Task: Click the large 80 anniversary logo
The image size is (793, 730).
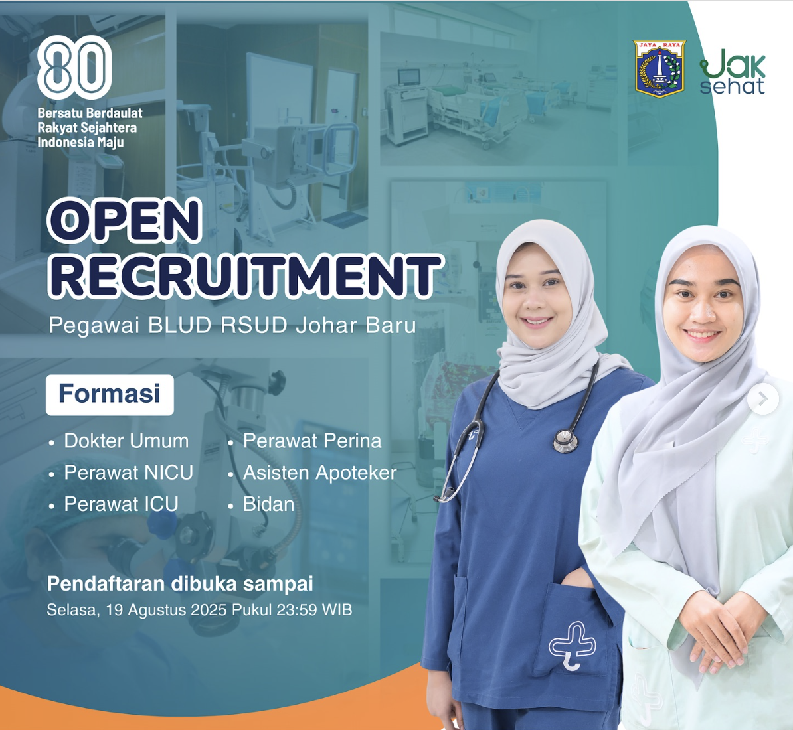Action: click(x=74, y=67)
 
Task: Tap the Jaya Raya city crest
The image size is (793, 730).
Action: click(x=660, y=69)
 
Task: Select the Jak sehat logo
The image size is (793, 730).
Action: click(x=732, y=71)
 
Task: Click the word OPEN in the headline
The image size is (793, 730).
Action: click(x=124, y=220)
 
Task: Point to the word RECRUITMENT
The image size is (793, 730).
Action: click(x=245, y=276)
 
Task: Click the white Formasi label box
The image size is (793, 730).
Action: click(x=110, y=395)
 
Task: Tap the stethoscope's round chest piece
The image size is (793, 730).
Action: click(x=565, y=441)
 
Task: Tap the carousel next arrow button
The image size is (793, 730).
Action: click(x=763, y=399)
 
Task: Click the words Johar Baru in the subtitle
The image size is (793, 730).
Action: click(x=355, y=325)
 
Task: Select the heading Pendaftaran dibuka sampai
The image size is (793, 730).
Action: click(x=180, y=584)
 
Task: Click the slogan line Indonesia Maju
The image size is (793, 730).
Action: click(x=80, y=143)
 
